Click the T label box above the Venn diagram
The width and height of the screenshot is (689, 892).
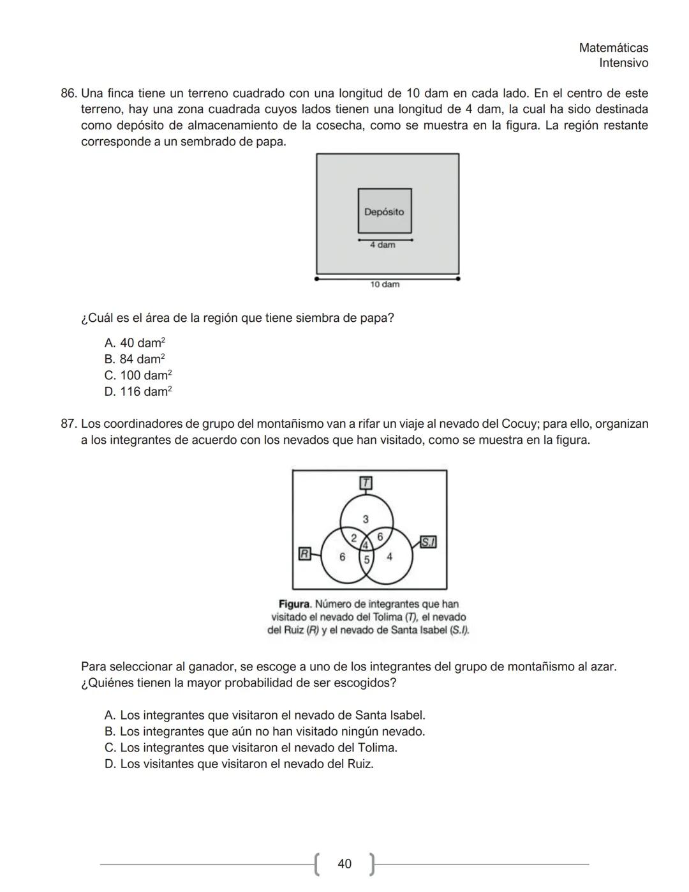(366, 483)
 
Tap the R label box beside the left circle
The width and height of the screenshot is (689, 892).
(305, 554)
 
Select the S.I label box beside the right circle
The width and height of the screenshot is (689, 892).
(428, 542)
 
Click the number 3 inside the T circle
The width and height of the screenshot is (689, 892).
(366, 518)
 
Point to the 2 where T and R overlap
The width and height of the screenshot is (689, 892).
(353, 537)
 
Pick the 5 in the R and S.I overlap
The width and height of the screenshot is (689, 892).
(366, 560)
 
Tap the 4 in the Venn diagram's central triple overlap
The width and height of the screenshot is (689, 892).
(366, 545)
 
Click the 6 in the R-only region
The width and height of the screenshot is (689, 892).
(343, 557)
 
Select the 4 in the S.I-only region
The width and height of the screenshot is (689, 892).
(389, 557)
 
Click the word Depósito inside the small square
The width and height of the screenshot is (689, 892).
(384, 212)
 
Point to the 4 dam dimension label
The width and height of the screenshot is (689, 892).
(383, 245)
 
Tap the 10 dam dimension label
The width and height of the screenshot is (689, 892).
(385, 284)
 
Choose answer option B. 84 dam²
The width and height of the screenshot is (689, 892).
(135, 359)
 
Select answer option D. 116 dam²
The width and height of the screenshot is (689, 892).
(138, 391)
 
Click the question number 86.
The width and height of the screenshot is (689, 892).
(69, 93)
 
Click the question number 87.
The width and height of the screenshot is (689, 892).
(69, 424)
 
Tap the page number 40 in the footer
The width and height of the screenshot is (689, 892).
(344, 864)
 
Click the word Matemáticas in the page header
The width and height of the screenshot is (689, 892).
(613, 48)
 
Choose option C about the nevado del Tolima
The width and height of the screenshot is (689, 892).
(251, 748)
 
